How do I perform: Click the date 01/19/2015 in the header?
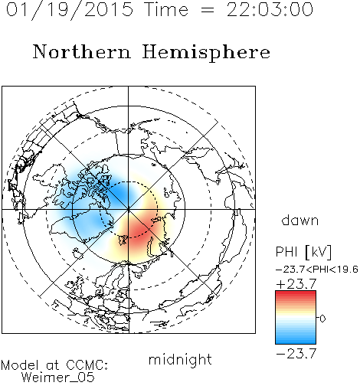(x=70, y=10)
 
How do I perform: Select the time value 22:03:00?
(x=270, y=9)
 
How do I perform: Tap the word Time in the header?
(x=166, y=9)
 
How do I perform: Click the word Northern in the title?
(x=82, y=51)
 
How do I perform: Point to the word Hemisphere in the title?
(x=206, y=53)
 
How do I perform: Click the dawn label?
(x=300, y=221)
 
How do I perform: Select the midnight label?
(x=180, y=360)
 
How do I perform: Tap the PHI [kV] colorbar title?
(x=303, y=252)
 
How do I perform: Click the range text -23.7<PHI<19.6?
(x=317, y=270)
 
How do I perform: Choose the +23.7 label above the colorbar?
(x=296, y=284)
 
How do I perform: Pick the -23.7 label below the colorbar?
(x=296, y=354)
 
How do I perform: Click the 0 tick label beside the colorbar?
(x=322, y=319)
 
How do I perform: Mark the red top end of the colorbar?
(x=296, y=293)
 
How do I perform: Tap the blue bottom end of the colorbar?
(x=296, y=342)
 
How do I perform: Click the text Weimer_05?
(x=58, y=377)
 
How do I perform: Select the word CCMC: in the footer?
(x=87, y=365)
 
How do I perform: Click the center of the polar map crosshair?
(x=128, y=210)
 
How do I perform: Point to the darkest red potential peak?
(x=139, y=230)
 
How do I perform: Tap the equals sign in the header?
(x=208, y=11)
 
